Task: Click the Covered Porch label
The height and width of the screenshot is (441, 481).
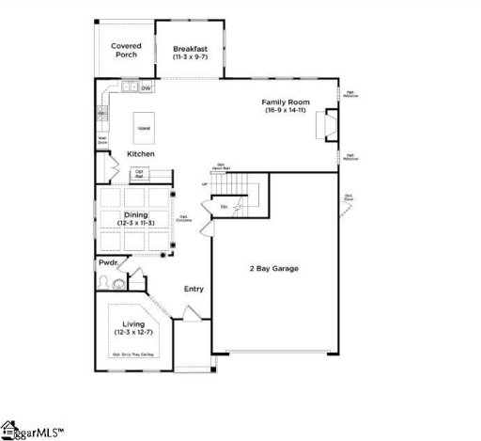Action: click(x=125, y=50)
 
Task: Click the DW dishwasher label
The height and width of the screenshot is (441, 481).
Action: click(x=147, y=88)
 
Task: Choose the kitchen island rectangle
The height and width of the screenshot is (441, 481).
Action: click(x=144, y=127)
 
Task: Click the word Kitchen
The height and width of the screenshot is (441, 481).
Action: click(x=140, y=153)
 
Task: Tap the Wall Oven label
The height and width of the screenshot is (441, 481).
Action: click(x=101, y=141)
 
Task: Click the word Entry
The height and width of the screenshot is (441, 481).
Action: click(x=194, y=290)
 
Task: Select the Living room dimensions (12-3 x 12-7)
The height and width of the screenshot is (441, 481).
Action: click(x=132, y=332)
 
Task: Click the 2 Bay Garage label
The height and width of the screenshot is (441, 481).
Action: click(x=273, y=269)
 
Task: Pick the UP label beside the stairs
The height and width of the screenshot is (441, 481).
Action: click(x=204, y=184)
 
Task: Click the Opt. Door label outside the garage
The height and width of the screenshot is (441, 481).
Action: click(x=349, y=198)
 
